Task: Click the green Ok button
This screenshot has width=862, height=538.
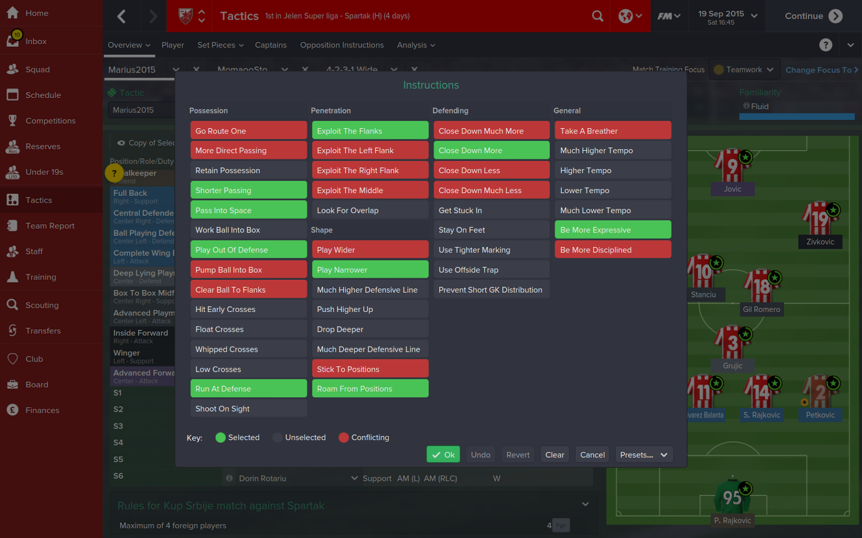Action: point(443,455)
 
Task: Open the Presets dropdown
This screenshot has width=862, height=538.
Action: point(644,455)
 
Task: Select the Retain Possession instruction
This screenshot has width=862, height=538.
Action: point(248,171)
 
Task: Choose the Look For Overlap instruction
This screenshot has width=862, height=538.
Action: point(370,210)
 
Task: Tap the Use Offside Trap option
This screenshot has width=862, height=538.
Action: point(491,270)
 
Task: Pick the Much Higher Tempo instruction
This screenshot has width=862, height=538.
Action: point(613,151)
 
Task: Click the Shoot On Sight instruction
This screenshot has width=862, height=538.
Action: point(248,409)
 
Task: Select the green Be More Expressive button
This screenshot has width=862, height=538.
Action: point(613,230)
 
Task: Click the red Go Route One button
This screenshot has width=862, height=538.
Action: point(248,131)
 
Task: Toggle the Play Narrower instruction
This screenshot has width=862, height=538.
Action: point(370,270)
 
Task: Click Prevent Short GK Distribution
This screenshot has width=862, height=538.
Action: point(491,290)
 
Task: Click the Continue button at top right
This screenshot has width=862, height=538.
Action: point(813,16)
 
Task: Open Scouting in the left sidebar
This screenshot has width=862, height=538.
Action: point(41,305)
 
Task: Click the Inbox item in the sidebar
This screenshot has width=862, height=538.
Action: point(36,41)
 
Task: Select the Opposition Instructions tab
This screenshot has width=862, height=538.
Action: point(342,45)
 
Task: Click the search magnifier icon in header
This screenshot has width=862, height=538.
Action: point(597,16)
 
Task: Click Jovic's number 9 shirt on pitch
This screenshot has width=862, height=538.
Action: point(732,167)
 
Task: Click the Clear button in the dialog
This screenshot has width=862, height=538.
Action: point(554,455)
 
